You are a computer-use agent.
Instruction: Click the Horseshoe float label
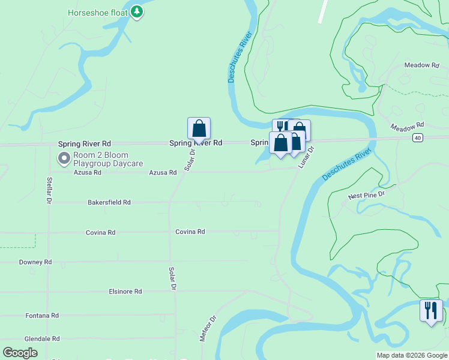[98, 12]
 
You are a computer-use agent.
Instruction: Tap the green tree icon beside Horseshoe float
[137, 11]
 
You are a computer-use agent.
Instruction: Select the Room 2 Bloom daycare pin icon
[64, 158]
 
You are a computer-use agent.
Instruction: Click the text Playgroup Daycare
[109, 163]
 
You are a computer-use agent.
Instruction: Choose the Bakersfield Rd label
[109, 203]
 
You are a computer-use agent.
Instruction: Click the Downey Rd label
[35, 262]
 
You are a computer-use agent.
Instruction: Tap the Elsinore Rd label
[125, 292]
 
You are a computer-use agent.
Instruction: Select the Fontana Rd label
[42, 316]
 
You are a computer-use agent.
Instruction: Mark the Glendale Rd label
[42, 339]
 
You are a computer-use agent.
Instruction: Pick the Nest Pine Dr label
[366, 196]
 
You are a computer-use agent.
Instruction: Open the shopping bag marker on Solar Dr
[199, 129]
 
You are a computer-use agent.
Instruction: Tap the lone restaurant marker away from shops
[431, 311]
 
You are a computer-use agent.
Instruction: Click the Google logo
[20, 353]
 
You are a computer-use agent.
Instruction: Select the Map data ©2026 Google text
[412, 355]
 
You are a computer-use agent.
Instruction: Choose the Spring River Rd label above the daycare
[84, 144]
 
